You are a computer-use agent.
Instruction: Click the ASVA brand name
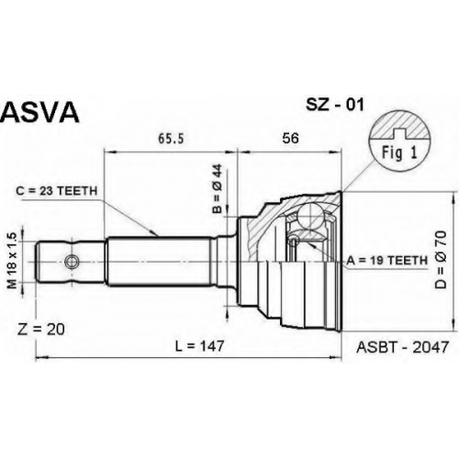tap(39, 112)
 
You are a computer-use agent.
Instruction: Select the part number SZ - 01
tap(335, 105)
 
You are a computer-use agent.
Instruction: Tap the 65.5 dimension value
tap(171, 139)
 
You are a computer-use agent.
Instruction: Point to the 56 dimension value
tap(290, 139)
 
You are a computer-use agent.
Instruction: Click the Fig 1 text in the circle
tap(399, 152)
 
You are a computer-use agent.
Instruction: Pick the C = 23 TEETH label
tap(57, 191)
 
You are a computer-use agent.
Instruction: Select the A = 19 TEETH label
tap(386, 261)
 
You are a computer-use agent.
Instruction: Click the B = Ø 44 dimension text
tap(217, 188)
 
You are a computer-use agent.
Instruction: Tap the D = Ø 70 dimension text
tap(442, 260)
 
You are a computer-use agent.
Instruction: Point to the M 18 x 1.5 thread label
tap(12, 261)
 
